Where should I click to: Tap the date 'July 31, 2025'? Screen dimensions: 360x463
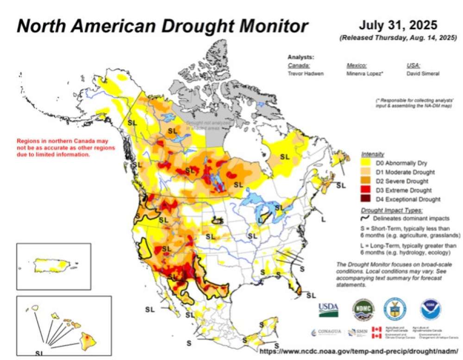(398, 25)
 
